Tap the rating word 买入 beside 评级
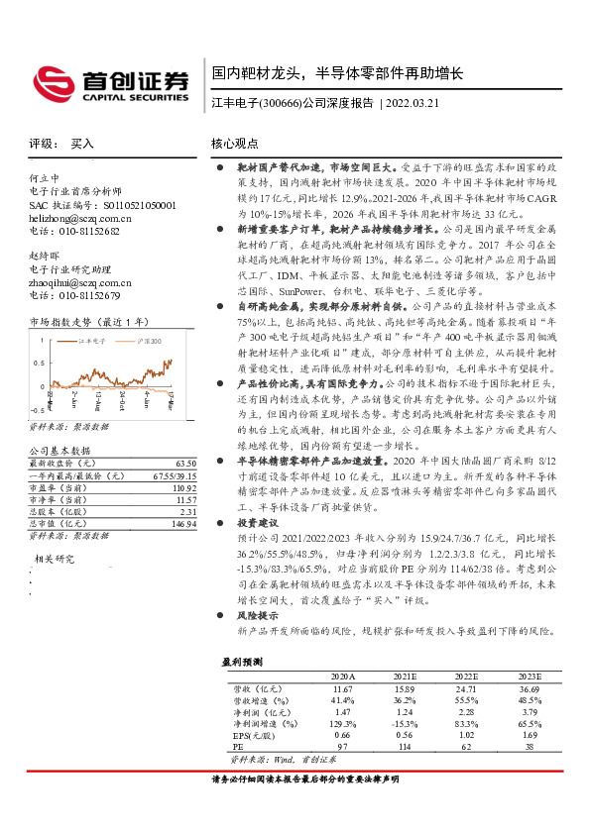(x=83, y=144)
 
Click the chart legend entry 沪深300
(x=152, y=341)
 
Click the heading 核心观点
(x=235, y=144)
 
